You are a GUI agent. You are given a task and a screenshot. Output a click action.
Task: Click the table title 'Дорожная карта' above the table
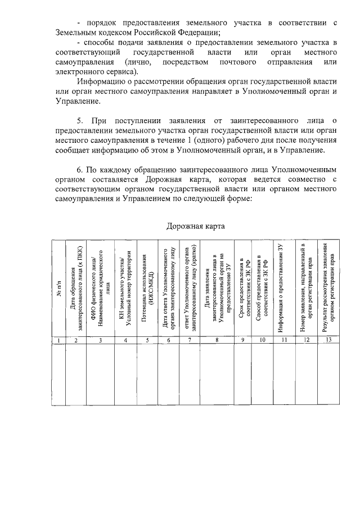tap(195, 226)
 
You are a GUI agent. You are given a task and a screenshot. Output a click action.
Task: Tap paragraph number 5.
tap(80, 120)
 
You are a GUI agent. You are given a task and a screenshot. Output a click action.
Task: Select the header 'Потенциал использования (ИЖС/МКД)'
tap(147, 287)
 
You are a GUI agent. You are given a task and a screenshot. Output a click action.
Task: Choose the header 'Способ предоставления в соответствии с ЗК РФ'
tap(262, 287)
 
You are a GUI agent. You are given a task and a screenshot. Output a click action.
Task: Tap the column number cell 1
tap(58, 339)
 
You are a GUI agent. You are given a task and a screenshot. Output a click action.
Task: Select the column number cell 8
tap(217, 339)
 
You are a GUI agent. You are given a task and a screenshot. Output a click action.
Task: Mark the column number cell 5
tap(147, 339)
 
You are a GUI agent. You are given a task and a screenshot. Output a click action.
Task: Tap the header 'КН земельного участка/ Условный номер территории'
tap(125, 287)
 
